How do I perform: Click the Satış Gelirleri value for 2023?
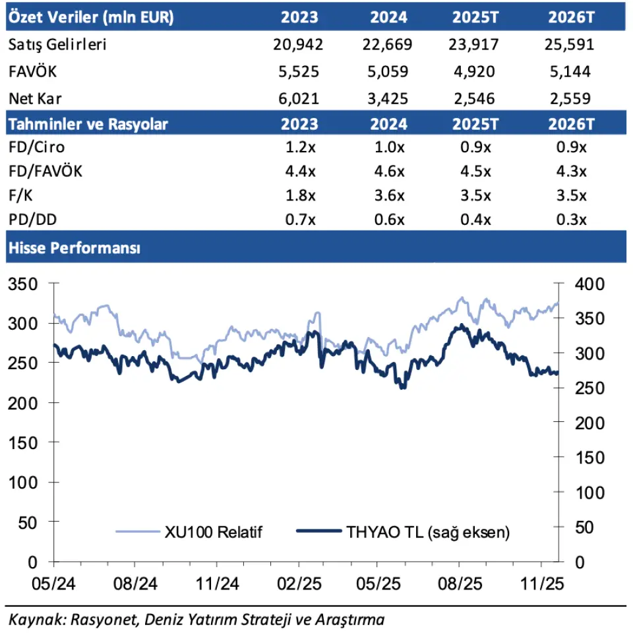[x=296, y=45]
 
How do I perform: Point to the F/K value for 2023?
[x=303, y=196]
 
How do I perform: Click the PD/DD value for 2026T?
[x=571, y=220]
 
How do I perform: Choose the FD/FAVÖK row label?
[x=46, y=171]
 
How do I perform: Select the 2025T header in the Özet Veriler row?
[x=475, y=17]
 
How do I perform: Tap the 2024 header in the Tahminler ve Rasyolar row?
[x=388, y=124]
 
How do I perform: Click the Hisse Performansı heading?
[x=73, y=248]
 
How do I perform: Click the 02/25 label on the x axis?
[x=299, y=584]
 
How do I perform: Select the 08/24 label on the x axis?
[x=135, y=584]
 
